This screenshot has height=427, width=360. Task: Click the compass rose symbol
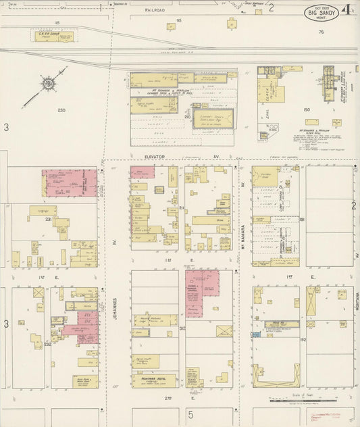click(48, 84)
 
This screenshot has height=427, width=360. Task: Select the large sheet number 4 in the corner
click(346, 10)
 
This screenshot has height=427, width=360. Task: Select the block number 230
click(61, 110)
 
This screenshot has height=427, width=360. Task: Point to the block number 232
click(47, 344)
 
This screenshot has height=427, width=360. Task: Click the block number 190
click(306, 109)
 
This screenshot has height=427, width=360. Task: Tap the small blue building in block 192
click(256, 334)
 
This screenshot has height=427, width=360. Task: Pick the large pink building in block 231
click(70, 183)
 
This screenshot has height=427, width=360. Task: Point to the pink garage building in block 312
click(201, 292)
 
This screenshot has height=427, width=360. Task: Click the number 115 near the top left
click(57, 23)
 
